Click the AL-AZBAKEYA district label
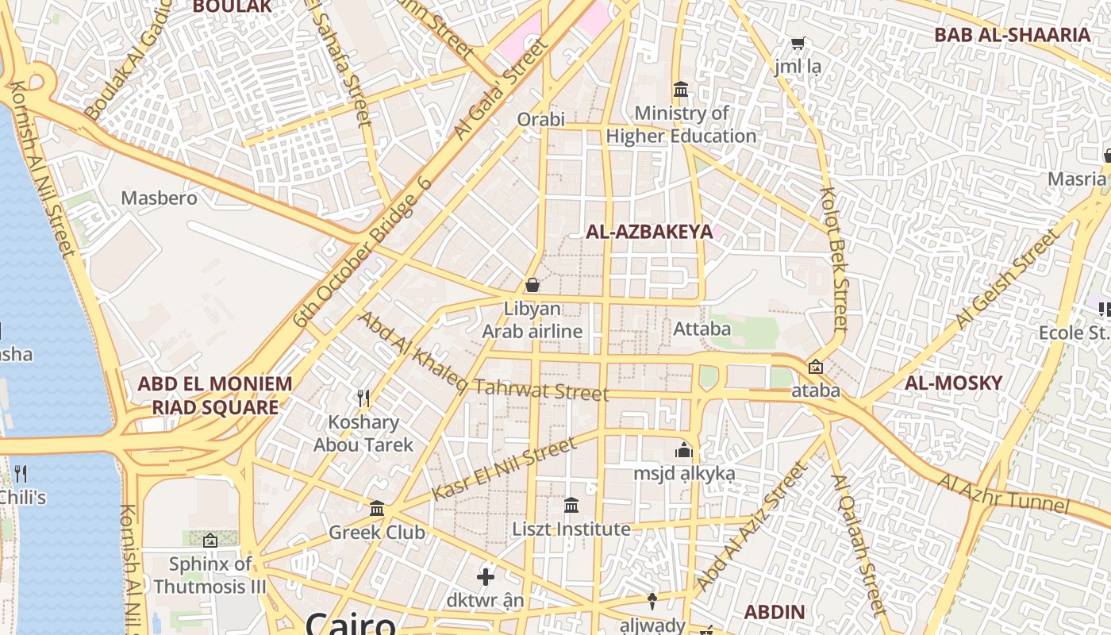coord(649,232)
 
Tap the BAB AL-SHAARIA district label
coord(1011,35)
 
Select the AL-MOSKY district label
coord(953,383)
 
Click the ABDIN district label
coord(774,612)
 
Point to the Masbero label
coord(159,198)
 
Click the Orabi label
coord(540,119)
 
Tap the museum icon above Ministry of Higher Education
coord(680,89)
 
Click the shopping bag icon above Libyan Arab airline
coord(532,284)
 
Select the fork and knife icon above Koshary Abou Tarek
coord(363,398)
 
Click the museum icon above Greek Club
coord(377,508)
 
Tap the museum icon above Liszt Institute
coord(571,505)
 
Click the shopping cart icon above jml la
coord(798,43)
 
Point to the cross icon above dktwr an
coord(485,576)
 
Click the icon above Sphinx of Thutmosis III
coord(210,541)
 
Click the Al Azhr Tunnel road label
coord(1004,493)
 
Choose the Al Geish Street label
coord(1006,279)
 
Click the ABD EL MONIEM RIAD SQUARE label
coord(214,395)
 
